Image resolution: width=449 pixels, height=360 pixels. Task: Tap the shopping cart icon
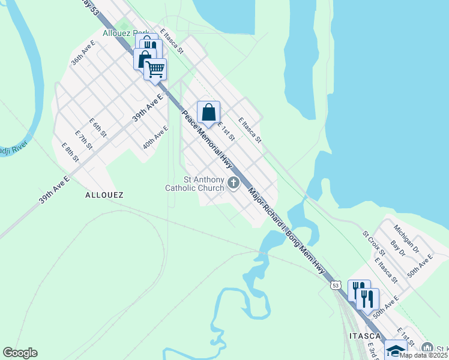tap(155, 69)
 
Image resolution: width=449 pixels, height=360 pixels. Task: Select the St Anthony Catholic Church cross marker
tap(233, 183)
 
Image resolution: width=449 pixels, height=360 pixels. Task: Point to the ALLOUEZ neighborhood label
tap(104, 195)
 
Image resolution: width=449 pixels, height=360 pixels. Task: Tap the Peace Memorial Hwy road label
tap(207, 136)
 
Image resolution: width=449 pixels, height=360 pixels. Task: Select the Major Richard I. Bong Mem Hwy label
tap(286, 230)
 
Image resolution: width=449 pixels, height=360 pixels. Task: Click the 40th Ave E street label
tap(155, 137)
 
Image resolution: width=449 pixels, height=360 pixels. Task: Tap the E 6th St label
tap(97, 127)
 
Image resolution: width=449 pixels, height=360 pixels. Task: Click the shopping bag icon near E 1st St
tap(208, 112)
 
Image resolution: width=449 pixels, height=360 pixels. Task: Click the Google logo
tap(20, 353)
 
